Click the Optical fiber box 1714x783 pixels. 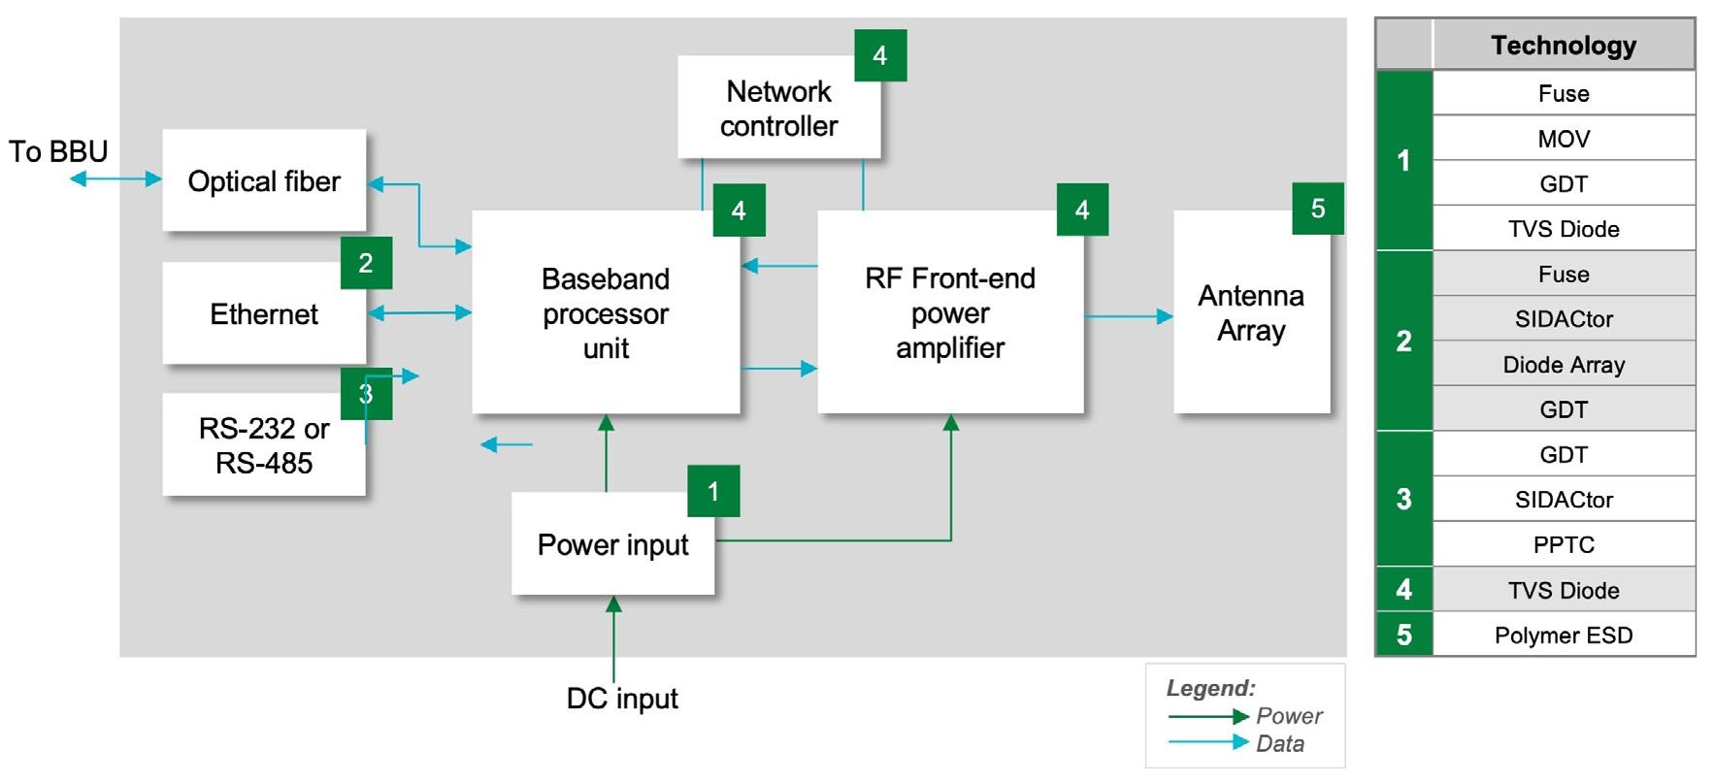coord(264,180)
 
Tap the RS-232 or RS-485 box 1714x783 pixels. coord(264,445)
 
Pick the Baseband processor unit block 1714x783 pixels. coord(606,312)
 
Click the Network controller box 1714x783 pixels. coord(778,108)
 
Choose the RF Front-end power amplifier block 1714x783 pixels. coord(950,312)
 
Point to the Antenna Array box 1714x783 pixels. coord(1251,312)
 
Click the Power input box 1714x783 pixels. coord(612,544)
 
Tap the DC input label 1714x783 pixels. coord(622,699)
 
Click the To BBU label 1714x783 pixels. coord(58,151)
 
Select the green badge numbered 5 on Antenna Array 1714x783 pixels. coord(1318,209)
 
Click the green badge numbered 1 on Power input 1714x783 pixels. coord(713,491)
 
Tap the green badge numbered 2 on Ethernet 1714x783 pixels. coord(366,263)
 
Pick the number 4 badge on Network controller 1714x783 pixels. coord(880,55)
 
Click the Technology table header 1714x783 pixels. coord(1564,46)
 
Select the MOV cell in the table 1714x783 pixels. coord(1564,139)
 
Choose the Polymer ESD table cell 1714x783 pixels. coord(1564,636)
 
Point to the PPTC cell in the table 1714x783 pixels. coord(1564,544)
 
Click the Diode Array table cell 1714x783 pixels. coord(1564,365)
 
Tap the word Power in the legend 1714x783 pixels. coord(1289,716)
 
